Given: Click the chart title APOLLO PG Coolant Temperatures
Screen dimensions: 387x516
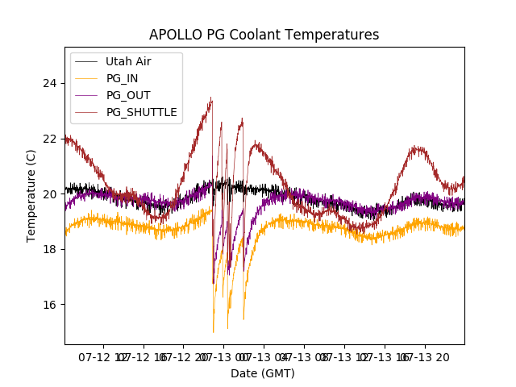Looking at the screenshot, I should pyautogui.click(x=264, y=35).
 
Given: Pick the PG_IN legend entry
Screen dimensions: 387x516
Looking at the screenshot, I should pyautogui.click(x=122, y=78).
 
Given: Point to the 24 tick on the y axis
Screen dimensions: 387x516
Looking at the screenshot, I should pyautogui.click(x=50, y=83).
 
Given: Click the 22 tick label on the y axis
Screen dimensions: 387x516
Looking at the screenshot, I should pyautogui.click(x=50, y=139).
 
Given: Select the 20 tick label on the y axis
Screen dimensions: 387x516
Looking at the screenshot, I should pyautogui.click(x=50, y=193).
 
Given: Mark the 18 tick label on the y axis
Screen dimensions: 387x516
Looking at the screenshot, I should pyautogui.click(x=50, y=249).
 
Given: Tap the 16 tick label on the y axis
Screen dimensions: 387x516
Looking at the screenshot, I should pyautogui.click(x=50, y=304).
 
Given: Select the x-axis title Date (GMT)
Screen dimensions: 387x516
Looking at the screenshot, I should pyautogui.click(x=263, y=373).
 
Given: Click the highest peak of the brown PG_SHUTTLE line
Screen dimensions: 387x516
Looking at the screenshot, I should pyautogui.click(x=211, y=98).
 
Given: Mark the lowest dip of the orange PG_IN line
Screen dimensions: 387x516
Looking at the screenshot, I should pyautogui.click(x=213, y=331).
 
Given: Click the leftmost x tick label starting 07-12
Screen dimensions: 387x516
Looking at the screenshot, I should pyautogui.click(x=102, y=356).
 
